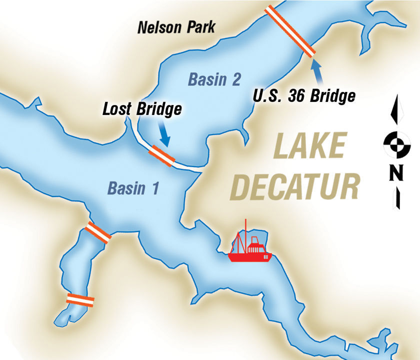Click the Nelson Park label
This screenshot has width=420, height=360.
177,26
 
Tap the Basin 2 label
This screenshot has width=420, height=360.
214,79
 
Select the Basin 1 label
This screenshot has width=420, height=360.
133,188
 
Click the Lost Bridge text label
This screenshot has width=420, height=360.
142,109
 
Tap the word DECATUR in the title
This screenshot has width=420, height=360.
298,186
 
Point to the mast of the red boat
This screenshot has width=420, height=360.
245,231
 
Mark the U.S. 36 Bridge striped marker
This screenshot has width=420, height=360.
290,31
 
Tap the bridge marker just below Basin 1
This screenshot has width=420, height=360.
97,232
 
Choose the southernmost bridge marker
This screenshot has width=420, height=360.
80,299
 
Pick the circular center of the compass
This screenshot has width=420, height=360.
397,144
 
